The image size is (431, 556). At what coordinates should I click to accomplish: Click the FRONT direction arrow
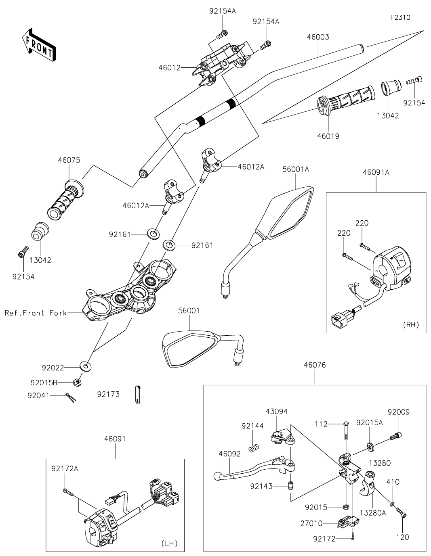click(38, 45)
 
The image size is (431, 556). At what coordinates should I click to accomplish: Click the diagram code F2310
click(400, 17)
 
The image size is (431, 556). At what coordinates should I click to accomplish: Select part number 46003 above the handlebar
click(318, 37)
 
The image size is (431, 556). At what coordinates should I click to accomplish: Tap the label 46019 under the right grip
click(328, 136)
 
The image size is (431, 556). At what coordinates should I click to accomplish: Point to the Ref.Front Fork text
click(36, 313)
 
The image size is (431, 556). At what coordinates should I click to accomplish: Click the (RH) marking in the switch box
click(411, 325)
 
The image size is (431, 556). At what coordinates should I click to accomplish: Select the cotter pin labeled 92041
click(70, 397)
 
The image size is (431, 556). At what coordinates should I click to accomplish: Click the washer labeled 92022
click(86, 366)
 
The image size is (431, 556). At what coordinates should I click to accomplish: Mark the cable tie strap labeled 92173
click(138, 395)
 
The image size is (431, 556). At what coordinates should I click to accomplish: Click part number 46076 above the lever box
click(315, 365)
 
